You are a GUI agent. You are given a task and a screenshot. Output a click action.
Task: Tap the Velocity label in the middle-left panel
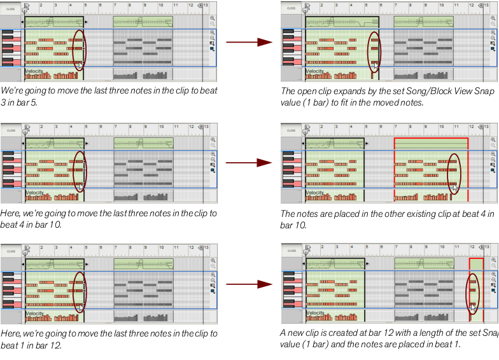34,193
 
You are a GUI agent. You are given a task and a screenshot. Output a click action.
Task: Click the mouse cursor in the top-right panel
376,65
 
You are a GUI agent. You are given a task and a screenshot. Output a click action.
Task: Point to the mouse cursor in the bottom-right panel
474,307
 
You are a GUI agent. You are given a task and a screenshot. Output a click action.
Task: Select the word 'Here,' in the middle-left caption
11,213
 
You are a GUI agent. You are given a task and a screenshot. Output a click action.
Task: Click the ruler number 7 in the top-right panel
396,5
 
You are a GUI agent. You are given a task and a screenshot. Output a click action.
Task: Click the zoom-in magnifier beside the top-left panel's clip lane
213,18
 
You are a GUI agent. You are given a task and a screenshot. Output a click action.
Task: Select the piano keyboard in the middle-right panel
292,169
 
